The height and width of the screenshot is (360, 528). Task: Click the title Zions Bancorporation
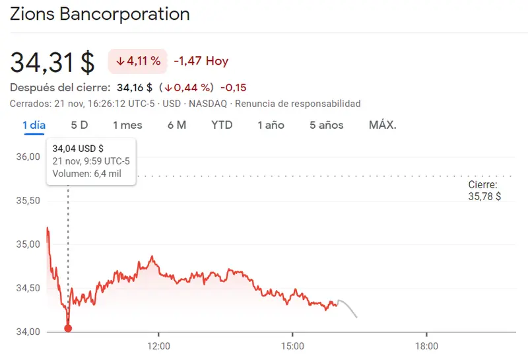(100, 15)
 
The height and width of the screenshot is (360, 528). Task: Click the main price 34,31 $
(53, 62)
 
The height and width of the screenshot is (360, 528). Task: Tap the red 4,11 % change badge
(138, 61)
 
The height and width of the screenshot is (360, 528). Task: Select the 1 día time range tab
(34, 125)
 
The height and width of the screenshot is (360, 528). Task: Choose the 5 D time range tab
(79, 125)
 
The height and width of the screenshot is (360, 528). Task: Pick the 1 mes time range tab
(127, 125)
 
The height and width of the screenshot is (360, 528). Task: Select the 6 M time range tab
(177, 125)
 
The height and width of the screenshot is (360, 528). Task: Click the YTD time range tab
(222, 125)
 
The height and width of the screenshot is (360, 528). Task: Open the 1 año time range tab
(271, 125)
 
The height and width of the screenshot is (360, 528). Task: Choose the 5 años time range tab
(327, 125)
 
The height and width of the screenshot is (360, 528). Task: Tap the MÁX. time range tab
(383, 125)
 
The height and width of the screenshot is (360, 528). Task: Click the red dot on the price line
(68, 328)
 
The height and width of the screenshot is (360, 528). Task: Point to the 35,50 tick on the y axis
(28, 201)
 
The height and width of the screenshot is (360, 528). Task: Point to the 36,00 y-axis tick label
(28, 157)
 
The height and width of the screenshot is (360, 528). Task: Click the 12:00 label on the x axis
(159, 345)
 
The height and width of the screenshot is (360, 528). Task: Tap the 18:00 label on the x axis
(426, 345)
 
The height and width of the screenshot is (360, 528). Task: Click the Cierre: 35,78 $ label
(484, 191)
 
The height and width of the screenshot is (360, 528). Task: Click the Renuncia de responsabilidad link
(298, 104)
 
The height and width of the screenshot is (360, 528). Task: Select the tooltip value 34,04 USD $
(78, 148)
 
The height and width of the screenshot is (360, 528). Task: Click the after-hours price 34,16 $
(135, 87)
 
